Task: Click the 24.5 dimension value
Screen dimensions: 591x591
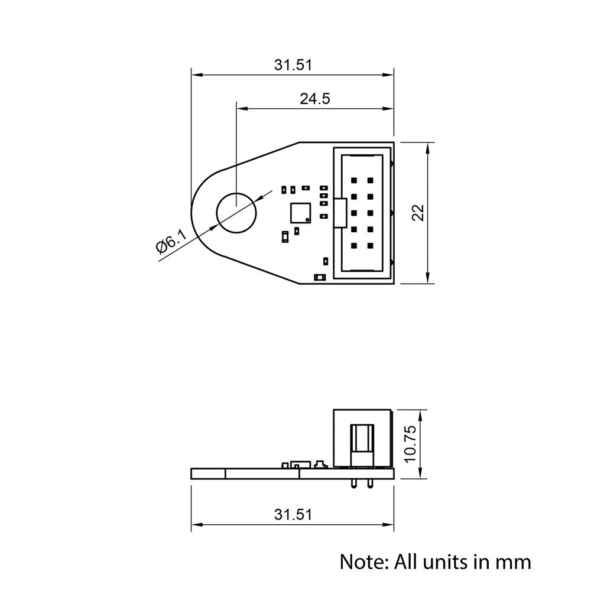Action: coord(314,99)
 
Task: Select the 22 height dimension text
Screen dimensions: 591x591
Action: coord(418,213)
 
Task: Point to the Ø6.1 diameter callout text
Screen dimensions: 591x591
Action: coord(171,243)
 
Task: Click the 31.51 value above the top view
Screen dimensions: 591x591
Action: coord(293,65)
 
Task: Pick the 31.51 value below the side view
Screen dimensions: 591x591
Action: coord(293,514)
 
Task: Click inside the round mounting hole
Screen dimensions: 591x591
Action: coord(236,213)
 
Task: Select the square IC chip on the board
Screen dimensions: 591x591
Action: coord(300,213)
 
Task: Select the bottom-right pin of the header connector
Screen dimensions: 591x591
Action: coord(371,245)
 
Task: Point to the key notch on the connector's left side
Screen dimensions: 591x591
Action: coord(339,213)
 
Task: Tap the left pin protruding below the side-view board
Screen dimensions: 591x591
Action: coord(353,483)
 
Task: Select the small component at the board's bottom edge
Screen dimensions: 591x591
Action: coord(320,277)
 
